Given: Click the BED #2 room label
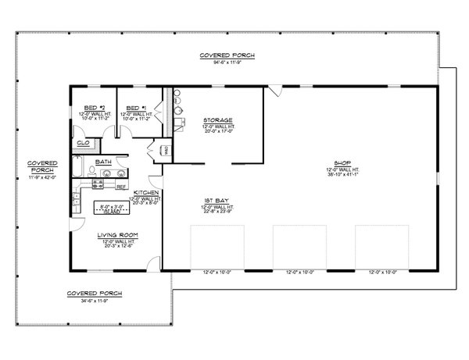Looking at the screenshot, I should coord(98,108).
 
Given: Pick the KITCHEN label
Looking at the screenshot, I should coord(146,191).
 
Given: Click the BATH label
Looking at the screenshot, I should coord(104,162).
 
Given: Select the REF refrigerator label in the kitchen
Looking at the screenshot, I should coord(121,187).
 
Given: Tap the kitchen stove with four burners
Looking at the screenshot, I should coord(98,184).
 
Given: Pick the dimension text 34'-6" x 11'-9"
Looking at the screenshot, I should coord(94,299).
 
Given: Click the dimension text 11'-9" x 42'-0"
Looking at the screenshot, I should coord(38,178).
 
